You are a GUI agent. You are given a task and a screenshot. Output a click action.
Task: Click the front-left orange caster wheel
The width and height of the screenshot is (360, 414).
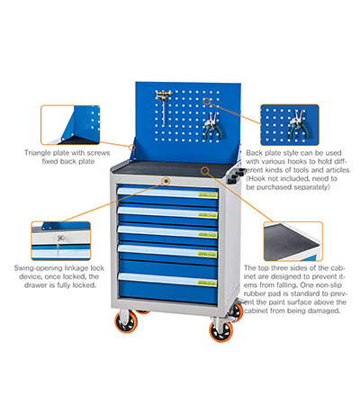126,323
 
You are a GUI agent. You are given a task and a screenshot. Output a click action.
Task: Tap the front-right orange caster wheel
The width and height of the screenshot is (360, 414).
221,331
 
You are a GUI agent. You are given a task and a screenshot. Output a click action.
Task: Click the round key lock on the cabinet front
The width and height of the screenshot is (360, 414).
166,181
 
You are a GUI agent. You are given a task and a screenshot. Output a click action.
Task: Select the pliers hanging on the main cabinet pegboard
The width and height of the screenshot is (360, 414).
213,126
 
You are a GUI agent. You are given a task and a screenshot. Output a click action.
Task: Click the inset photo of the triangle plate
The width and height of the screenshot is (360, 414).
70,125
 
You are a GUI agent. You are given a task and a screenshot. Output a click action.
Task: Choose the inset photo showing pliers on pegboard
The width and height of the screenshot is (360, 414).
290,125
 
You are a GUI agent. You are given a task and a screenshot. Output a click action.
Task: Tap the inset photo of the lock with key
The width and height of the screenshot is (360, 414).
61,240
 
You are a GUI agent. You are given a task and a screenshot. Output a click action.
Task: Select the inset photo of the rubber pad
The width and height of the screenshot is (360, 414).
293,241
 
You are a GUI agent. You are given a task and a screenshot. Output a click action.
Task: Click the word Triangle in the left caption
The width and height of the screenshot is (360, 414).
38,153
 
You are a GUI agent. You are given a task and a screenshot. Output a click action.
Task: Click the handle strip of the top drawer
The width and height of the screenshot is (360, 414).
167,193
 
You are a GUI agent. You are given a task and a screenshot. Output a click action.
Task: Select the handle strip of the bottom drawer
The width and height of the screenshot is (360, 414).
167,280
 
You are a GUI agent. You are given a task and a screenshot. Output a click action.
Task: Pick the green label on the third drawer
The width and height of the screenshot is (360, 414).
208,234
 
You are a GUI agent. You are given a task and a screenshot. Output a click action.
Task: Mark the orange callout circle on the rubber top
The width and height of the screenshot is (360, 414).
205,171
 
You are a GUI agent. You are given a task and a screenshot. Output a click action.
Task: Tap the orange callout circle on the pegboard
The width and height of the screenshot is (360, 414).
206,101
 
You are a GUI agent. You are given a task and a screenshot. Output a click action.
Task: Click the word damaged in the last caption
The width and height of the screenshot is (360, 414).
325,310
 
